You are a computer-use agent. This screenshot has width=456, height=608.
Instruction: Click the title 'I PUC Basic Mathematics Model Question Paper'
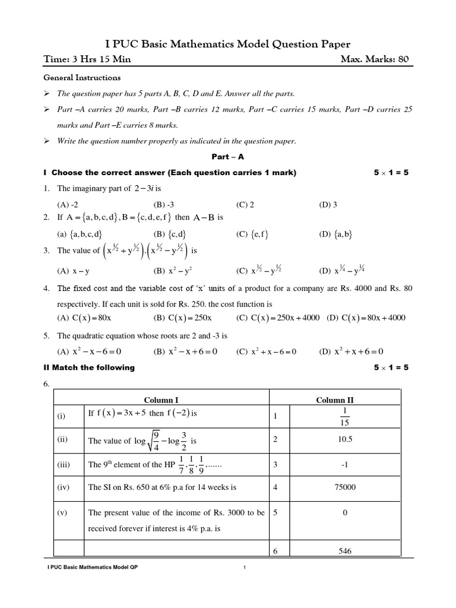(227, 44)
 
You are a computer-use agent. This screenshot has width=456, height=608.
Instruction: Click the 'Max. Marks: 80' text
(375, 59)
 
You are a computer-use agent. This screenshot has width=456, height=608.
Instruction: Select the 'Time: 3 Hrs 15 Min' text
(87, 59)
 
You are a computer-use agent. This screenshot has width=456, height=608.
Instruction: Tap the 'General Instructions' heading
(82, 78)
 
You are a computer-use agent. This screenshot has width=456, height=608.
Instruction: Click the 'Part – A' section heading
(227, 157)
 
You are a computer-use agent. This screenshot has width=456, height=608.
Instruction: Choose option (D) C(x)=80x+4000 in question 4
(366, 318)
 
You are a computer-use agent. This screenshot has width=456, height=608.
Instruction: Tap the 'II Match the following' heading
(89, 368)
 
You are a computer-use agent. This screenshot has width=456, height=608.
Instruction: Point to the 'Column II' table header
(344, 400)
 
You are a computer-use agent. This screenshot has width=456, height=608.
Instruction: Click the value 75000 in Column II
(345, 487)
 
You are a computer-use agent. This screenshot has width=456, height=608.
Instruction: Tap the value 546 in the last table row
(345, 551)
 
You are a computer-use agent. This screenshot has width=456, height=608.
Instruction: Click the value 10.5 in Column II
(345, 441)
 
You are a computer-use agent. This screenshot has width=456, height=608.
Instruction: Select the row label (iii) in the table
(64, 465)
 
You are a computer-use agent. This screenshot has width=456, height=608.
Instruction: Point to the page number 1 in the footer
(244, 568)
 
